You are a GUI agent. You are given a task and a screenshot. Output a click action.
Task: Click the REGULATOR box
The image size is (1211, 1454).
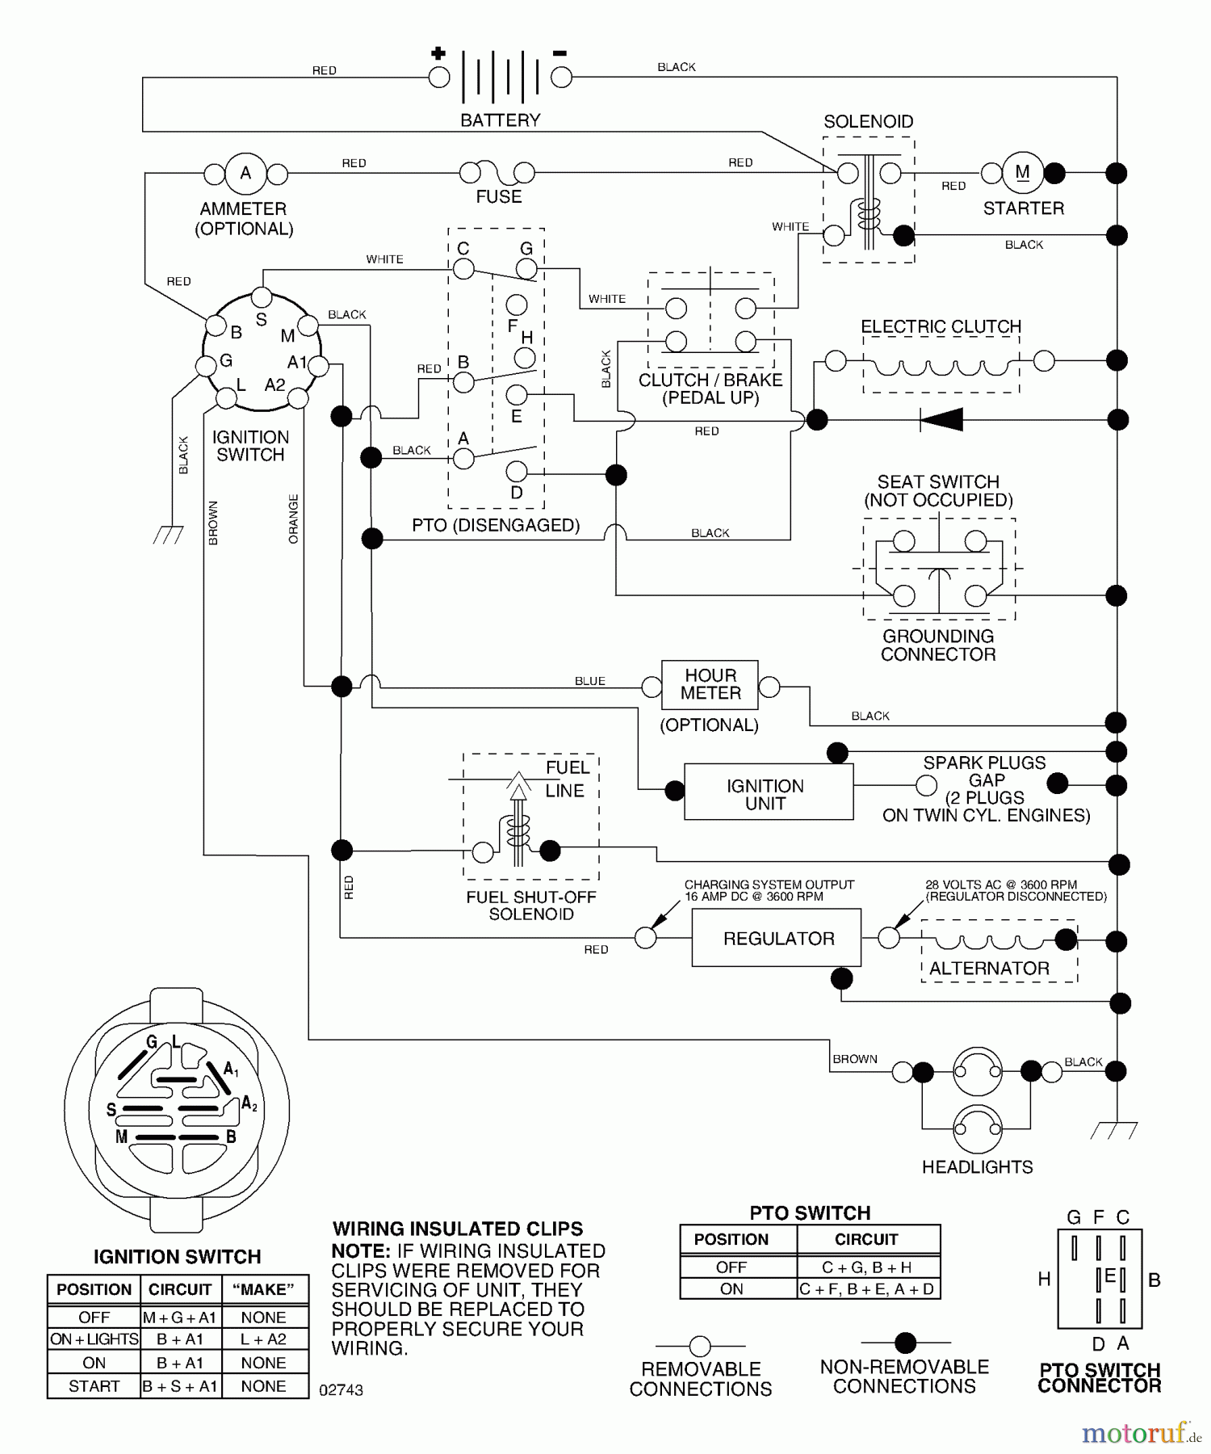(x=777, y=938)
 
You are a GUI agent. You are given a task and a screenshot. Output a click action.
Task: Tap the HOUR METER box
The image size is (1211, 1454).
(x=710, y=685)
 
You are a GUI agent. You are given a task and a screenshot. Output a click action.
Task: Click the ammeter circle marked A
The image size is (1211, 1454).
(x=245, y=173)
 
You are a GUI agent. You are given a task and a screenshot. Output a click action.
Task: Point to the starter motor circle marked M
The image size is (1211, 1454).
(x=1022, y=172)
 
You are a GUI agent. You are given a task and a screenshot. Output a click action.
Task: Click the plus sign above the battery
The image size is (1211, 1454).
(x=438, y=54)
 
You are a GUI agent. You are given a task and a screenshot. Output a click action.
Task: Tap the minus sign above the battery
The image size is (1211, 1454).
(x=559, y=53)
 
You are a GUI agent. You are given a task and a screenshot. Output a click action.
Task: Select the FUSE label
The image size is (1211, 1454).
(x=498, y=197)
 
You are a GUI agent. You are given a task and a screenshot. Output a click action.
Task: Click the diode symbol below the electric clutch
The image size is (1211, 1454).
(x=942, y=419)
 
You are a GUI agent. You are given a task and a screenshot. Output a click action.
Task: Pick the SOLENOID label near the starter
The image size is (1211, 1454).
(x=868, y=122)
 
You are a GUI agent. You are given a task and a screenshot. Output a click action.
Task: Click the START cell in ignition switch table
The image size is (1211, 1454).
(x=94, y=1386)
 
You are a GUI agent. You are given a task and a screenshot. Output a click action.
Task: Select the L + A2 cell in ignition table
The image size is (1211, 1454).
(x=263, y=1339)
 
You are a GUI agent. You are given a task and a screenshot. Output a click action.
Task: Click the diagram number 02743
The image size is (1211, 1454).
(x=341, y=1390)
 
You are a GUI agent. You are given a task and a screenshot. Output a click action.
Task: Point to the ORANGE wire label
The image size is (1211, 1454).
(x=293, y=519)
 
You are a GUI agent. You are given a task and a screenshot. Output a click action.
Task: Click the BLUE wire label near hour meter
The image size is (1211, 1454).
(x=589, y=681)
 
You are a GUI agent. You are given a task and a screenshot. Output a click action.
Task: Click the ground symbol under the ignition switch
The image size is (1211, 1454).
(x=168, y=535)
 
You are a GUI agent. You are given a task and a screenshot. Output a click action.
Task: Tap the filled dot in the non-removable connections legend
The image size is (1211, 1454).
(x=905, y=1343)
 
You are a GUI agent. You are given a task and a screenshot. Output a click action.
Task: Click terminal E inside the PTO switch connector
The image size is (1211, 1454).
(x=1109, y=1277)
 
